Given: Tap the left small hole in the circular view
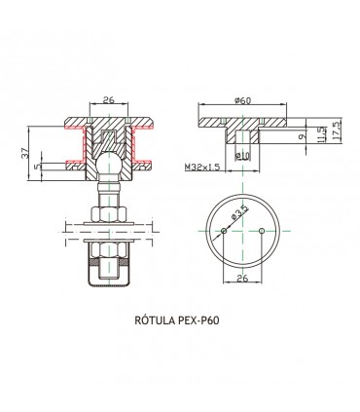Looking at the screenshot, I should coord(226,231).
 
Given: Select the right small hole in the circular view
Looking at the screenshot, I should coord(263,231).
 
